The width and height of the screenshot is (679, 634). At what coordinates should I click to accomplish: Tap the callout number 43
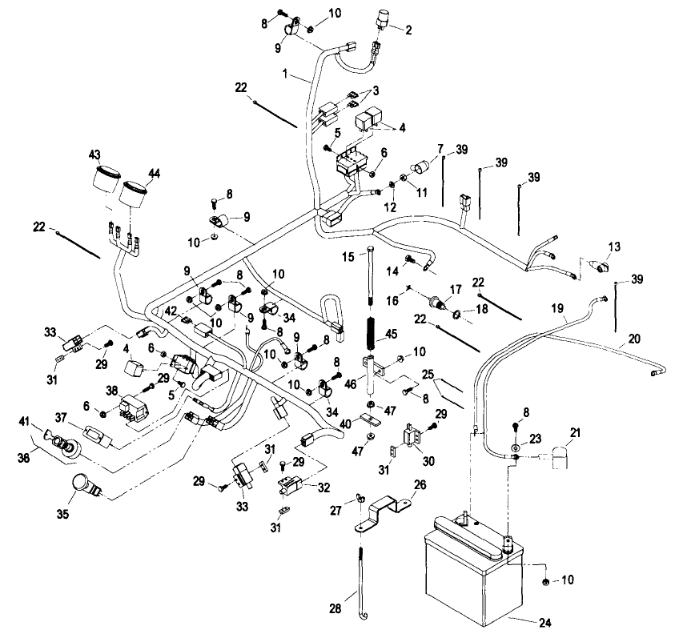pos(94,154)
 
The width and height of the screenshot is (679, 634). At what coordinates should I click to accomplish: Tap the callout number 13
pos(614,246)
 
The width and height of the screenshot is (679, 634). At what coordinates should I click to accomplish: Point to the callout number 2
pos(408,30)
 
